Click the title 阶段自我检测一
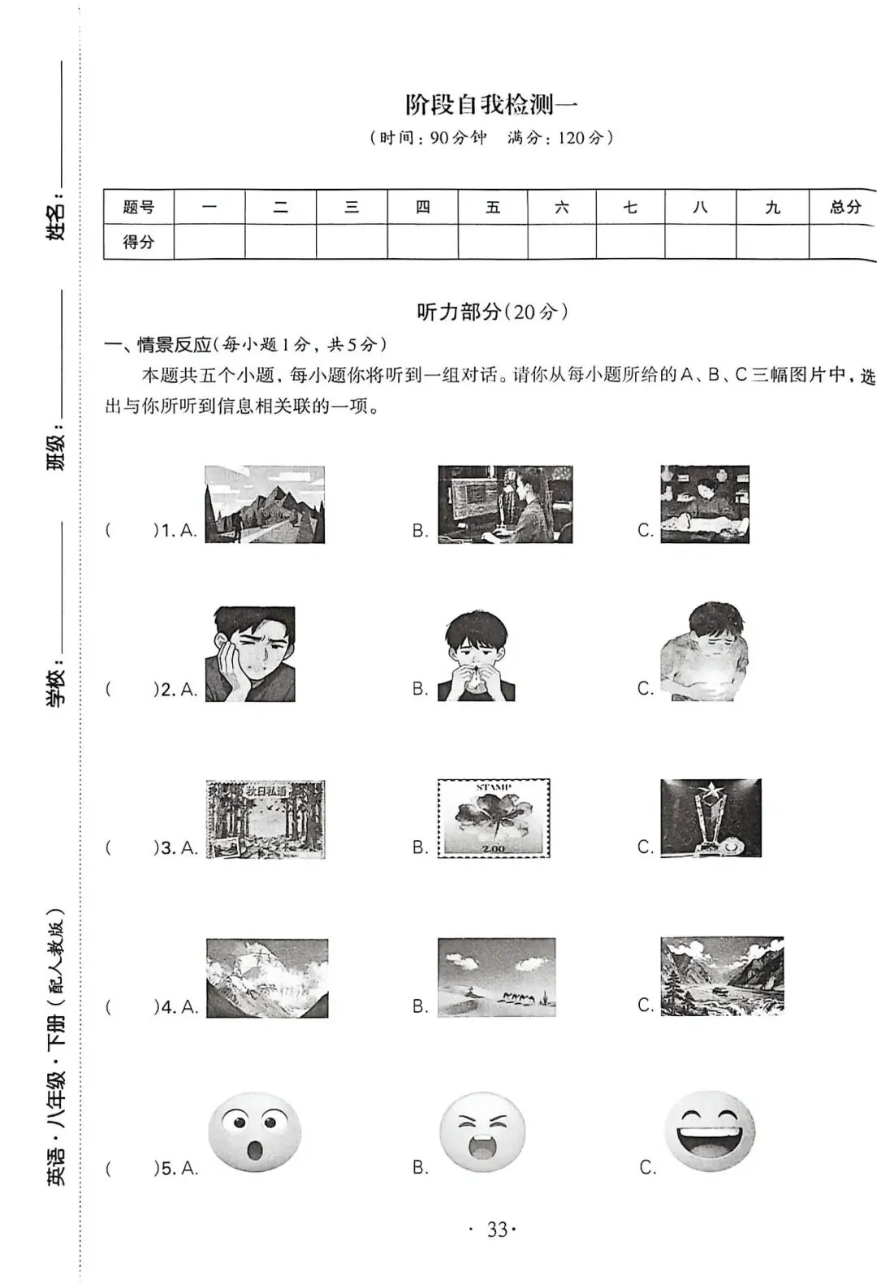(491, 105)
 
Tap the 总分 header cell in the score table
(845, 207)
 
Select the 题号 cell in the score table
(138, 207)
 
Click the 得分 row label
(138, 242)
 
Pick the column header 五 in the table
(493, 207)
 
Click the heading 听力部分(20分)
(493, 312)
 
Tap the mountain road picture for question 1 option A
(265, 504)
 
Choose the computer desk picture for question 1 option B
(505, 504)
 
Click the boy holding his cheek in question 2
(250, 654)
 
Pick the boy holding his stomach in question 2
(703, 651)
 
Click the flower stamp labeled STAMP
(494, 818)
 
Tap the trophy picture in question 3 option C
(711, 817)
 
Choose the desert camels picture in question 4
(496, 977)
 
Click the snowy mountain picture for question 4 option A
(267, 978)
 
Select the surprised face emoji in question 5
(255, 1131)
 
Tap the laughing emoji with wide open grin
(710, 1131)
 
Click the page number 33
(497, 1230)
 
